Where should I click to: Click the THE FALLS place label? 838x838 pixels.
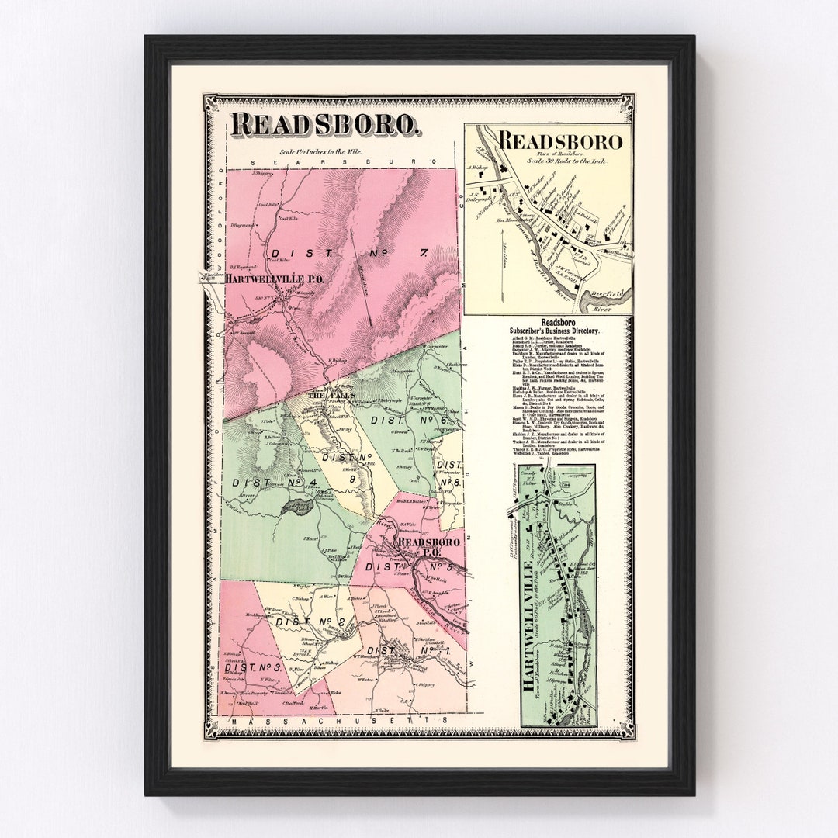(x=333, y=395)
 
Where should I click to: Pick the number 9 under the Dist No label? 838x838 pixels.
(x=350, y=480)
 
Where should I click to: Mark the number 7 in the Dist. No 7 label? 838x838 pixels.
(x=423, y=252)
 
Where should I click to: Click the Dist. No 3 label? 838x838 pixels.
(x=252, y=667)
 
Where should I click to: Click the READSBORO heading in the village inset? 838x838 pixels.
(x=559, y=141)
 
